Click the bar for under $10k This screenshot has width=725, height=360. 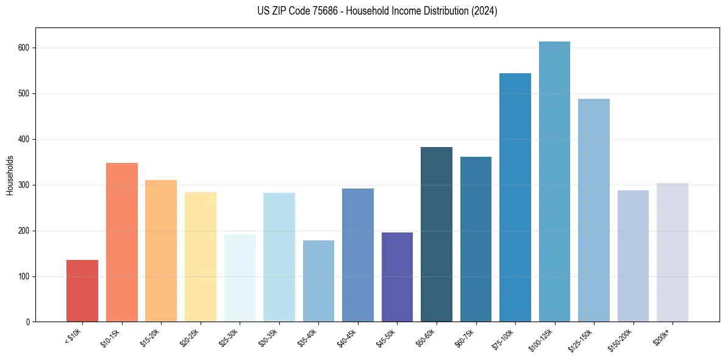tap(82, 291)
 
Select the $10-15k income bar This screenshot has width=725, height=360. tap(122, 242)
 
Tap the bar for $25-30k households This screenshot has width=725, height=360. tap(240, 278)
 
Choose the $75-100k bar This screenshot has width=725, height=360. tap(515, 198)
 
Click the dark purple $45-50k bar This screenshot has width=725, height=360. tap(397, 277)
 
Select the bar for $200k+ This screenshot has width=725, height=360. tap(673, 253)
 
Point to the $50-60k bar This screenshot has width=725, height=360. tap(437, 234)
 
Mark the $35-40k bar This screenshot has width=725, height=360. tap(318, 281)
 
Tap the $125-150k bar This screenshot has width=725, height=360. tap(594, 211)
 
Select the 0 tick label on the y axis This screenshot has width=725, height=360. tap(28, 322)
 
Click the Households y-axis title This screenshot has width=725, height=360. tap(10, 175)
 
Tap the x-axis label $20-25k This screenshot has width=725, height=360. tap(190, 338)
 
